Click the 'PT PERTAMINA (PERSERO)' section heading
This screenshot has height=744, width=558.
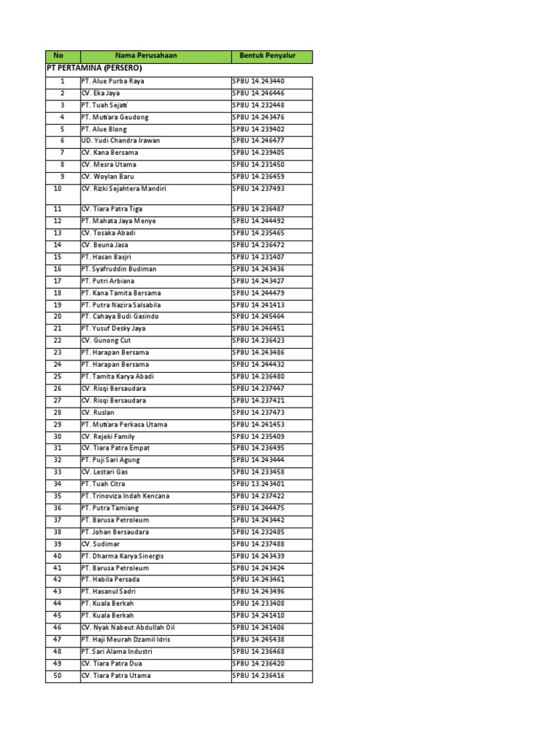point(89,68)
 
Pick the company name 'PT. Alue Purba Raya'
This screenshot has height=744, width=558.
point(113,81)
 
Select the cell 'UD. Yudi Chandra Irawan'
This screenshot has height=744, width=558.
point(121,141)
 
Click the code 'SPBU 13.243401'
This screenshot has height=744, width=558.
point(258,484)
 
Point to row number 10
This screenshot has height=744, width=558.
point(62,189)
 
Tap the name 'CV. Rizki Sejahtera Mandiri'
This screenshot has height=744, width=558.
point(124,189)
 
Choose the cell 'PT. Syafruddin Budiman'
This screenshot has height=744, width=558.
point(119,269)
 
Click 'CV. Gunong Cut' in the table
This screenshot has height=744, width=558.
point(107,341)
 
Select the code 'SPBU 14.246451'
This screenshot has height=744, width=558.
point(258,328)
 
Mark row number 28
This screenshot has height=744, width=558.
point(62,413)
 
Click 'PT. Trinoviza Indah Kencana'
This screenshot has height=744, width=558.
point(125,496)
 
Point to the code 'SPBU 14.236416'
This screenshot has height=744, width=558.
point(258,676)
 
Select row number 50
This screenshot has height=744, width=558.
point(62,676)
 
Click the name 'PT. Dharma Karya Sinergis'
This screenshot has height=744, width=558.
point(122,556)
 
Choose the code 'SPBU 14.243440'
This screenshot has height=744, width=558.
point(258,81)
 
